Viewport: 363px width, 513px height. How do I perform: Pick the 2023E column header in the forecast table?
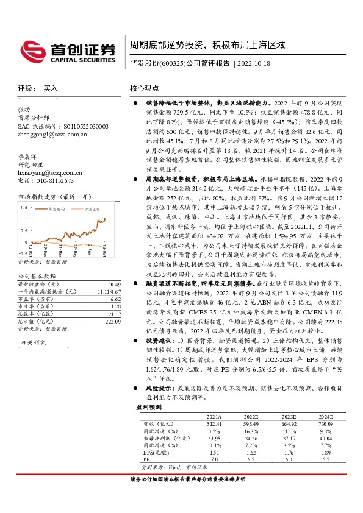(273, 416)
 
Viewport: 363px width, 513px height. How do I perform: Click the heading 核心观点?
(146, 88)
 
